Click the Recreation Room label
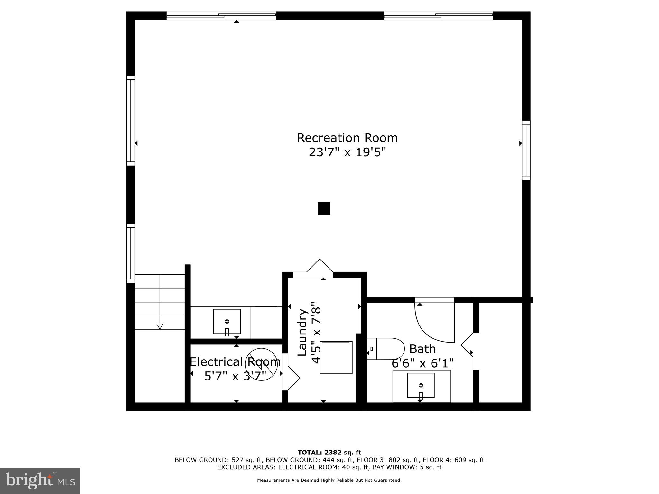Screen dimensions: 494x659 [347, 138]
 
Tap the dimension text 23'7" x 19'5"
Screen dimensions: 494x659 [347, 152]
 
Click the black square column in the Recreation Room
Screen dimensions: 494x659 [324, 208]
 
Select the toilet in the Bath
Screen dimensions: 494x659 [386, 349]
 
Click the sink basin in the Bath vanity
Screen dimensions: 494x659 [421, 385]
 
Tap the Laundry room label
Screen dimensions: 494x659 [302, 333]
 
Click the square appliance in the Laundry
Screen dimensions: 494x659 [336, 357]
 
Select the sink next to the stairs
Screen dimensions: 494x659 [227, 321]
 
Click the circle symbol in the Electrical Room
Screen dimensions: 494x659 [261, 364]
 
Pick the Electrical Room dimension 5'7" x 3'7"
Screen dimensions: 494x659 [235, 376]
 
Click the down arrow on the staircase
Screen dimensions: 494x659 [160, 326]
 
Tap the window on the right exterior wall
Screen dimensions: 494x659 [526, 150]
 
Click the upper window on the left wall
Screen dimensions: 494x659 [130, 121]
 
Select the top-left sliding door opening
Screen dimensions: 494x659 [221, 15]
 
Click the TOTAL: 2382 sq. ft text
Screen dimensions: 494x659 [329, 453]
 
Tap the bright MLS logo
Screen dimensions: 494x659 [40, 480]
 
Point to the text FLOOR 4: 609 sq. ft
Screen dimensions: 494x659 [453, 460]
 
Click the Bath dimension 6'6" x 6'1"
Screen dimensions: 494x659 [422, 363]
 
